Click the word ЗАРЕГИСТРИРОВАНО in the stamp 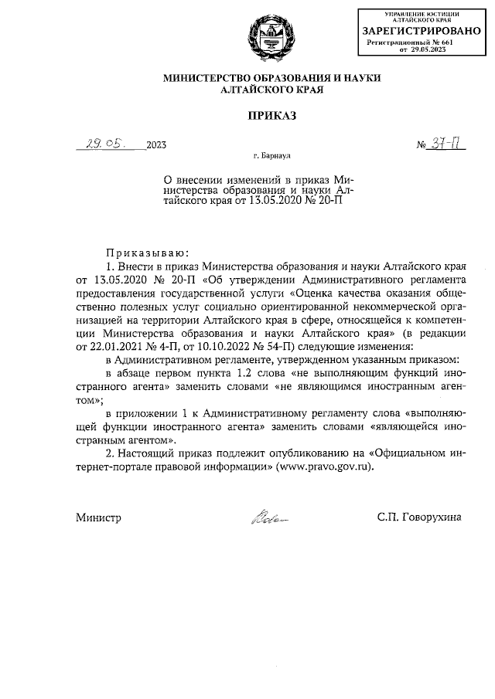click(x=416, y=31)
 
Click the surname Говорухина click(x=428, y=518)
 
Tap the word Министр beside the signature click(x=98, y=518)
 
